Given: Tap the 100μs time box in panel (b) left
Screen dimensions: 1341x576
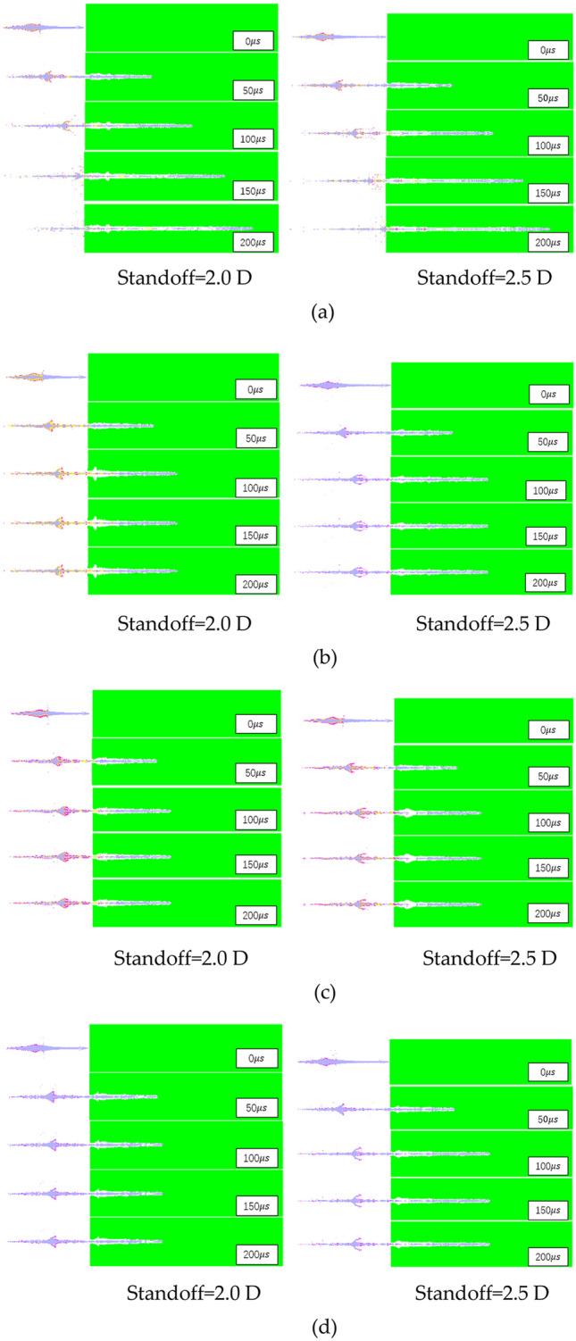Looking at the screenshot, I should coord(256,487).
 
